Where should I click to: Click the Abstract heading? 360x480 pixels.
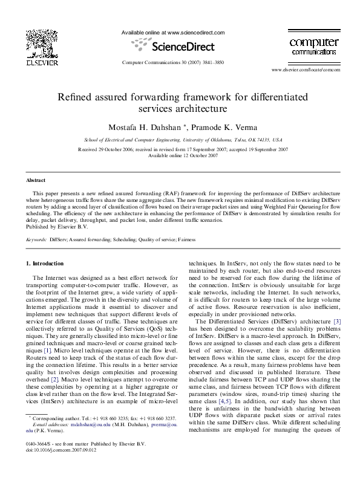[x=35, y=180]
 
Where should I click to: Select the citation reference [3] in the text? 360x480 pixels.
[x=337, y=321]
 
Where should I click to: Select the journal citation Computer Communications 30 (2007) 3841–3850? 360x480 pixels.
[x=173, y=63]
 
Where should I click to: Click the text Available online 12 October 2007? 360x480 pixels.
[x=183, y=155]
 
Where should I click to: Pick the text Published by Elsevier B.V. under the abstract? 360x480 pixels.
[x=54, y=227]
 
